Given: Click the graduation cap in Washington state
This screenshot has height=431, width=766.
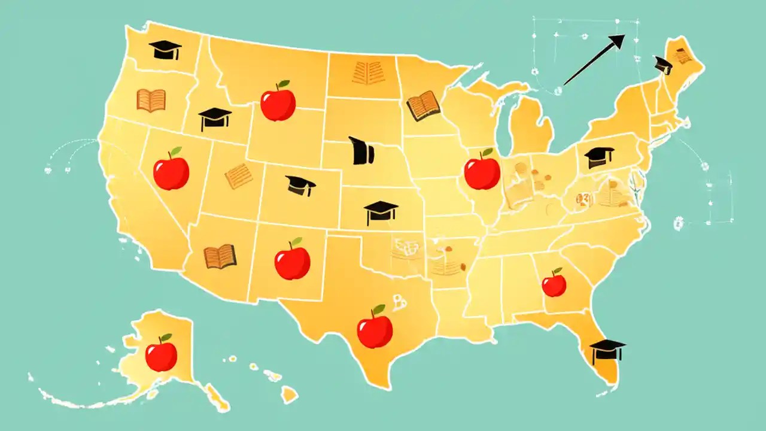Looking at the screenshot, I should coord(165,50).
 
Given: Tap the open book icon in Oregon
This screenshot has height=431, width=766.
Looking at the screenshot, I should coord(151,101).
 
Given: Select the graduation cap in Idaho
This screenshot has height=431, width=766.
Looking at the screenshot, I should coord(215,119).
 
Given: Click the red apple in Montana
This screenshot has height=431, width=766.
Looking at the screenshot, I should coord(278,102).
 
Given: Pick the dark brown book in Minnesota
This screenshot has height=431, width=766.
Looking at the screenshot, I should coord(423,106).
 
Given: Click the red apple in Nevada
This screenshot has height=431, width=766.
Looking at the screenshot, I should coord(171,171).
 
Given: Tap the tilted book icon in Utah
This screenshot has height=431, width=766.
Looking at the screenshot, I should coord(238,176).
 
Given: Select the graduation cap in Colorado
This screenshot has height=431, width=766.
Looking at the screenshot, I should coord(300,185).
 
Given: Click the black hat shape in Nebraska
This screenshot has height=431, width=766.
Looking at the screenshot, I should coord(361,151).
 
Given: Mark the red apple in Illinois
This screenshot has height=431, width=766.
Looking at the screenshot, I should coord(482,171).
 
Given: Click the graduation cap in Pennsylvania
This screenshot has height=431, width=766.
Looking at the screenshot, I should coord(598,157).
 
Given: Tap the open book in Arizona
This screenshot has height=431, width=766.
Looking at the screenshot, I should coord(220,256).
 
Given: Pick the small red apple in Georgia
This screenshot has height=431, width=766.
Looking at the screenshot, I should coord(554,284).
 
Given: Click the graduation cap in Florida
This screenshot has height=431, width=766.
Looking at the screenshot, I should coord(607,351).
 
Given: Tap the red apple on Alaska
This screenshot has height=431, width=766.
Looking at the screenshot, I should coord(161,354).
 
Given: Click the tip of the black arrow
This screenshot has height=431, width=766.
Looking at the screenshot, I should coord(624,35).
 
